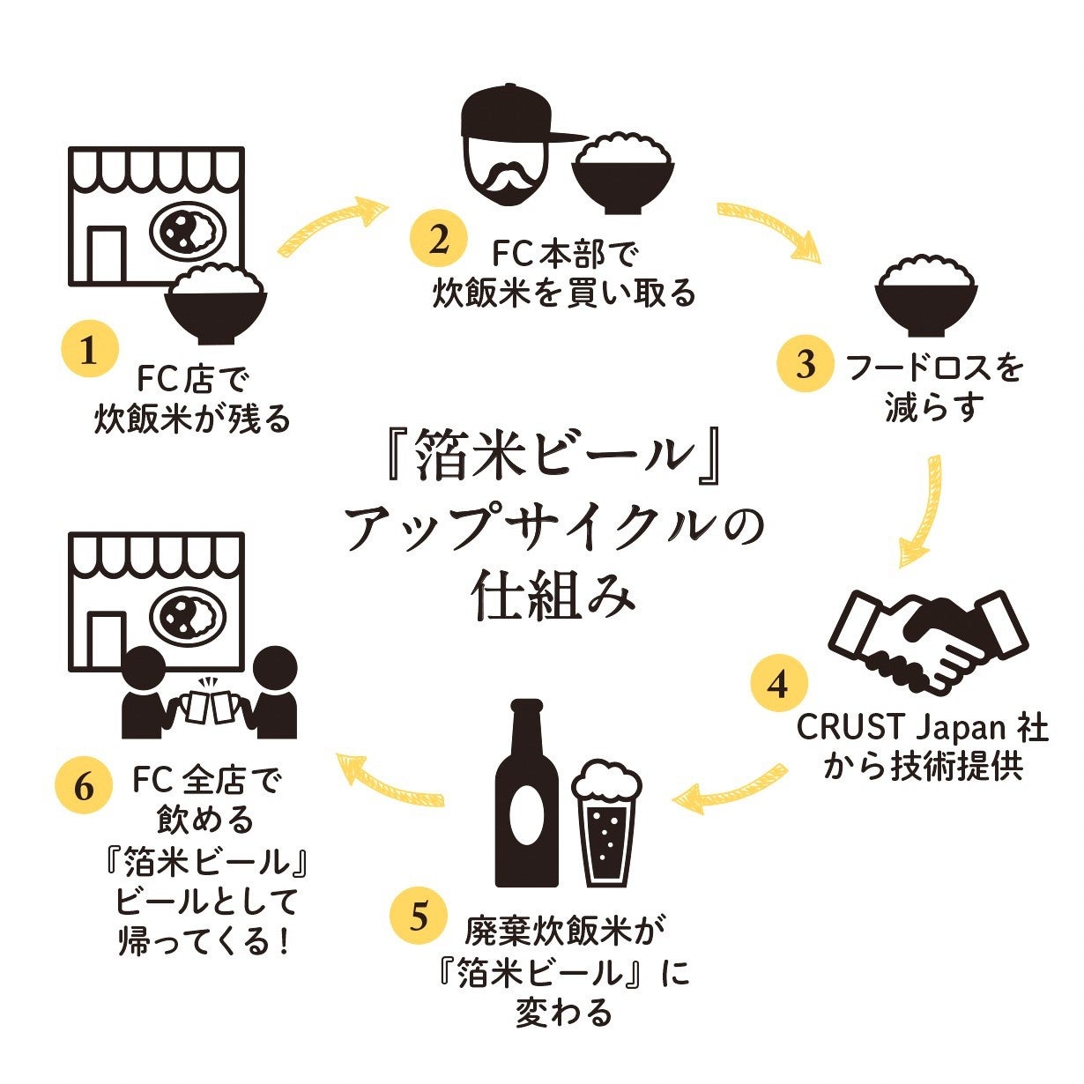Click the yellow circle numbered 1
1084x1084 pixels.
tap(88, 351)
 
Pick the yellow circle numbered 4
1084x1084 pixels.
tap(778, 684)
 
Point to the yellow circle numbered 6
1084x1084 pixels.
tap(84, 785)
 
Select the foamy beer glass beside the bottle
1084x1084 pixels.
tap(605, 824)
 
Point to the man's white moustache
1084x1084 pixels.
tap(509, 178)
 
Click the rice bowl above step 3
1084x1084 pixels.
tap(925, 295)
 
